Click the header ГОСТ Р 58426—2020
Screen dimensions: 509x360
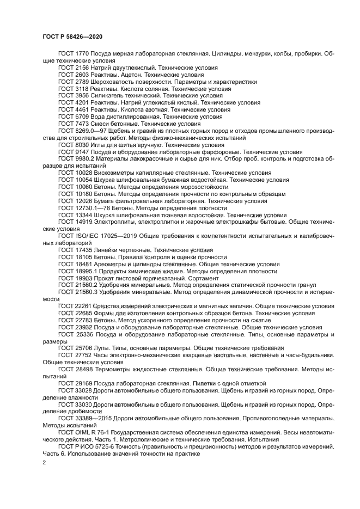72,36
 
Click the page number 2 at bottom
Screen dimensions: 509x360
44,462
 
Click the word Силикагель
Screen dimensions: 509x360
108,95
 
